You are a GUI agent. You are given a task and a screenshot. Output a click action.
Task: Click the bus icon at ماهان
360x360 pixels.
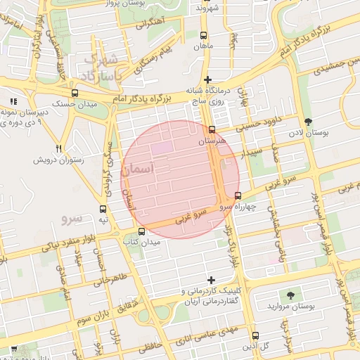(204, 35)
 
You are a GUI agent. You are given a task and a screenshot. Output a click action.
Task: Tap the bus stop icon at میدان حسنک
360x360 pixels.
(75, 93)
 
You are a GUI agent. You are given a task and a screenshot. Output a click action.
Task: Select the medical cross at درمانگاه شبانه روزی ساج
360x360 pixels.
(207, 79)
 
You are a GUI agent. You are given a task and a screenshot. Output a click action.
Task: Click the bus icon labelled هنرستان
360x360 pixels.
(212, 129)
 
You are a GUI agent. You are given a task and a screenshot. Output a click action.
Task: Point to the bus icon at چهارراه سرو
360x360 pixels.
(237, 195)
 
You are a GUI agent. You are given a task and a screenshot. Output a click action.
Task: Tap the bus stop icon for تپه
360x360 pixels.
(103, 209)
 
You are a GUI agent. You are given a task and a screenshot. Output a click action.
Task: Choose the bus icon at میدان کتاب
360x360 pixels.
(141, 231)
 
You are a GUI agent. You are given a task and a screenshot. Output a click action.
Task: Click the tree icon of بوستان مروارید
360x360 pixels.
(290, 295)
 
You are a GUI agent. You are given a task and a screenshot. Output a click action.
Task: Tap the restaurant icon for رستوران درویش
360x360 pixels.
(59, 149)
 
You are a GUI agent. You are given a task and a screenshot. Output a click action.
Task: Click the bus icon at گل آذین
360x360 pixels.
(254, 335)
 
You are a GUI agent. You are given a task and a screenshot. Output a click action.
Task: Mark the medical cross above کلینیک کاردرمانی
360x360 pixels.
(210, 280)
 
